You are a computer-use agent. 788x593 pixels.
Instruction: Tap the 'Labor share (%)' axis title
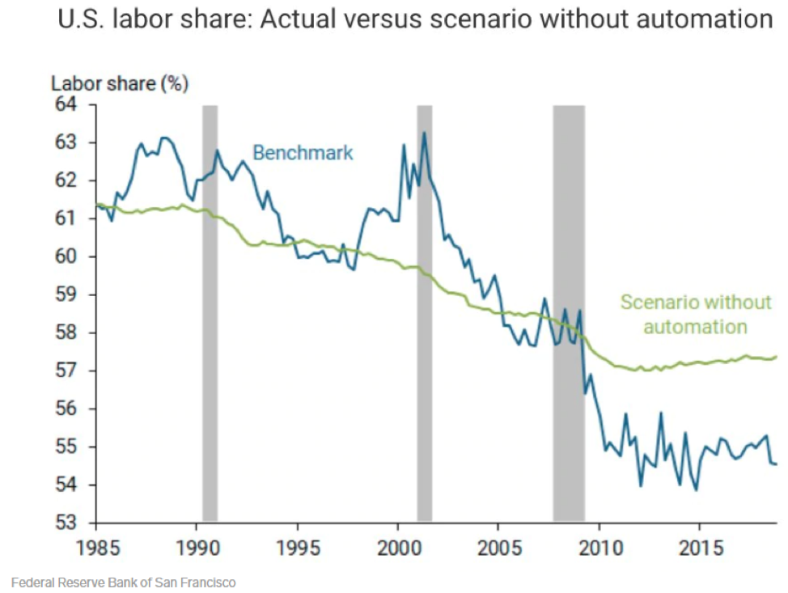coord(120,83)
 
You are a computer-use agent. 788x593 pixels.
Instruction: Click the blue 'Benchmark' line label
coord(303,153)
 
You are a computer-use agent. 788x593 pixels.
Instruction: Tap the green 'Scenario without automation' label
coord(696,315)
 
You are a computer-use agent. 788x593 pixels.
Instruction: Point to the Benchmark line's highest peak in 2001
coord(423,133)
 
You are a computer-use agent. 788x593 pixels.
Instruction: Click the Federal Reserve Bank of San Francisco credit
coord(123,582)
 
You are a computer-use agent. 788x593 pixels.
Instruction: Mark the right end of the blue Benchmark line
coord(776,464)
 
